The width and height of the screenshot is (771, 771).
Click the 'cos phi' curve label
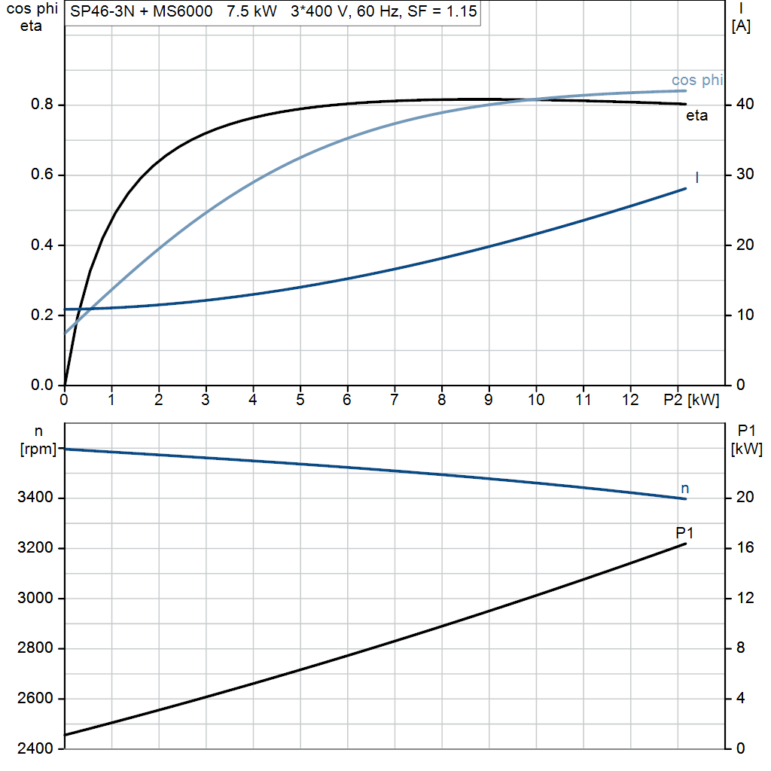[697, 81]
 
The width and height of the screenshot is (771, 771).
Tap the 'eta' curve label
[696, 116]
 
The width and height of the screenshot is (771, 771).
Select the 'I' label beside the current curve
[696, 178]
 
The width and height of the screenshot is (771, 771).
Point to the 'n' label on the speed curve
[684, 489]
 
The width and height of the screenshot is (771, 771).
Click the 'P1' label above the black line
[684, 533]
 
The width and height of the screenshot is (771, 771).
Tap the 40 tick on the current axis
[742, 105]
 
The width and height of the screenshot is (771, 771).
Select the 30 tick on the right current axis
[742, 175]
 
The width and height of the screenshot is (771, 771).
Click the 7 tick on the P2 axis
[394, 400]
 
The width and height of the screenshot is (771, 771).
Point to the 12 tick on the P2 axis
[630, 400]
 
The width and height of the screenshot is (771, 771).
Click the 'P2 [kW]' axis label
[691, 400]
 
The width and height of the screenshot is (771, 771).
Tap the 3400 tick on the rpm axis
[37, 498]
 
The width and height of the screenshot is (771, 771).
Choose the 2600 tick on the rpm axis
[37, 699]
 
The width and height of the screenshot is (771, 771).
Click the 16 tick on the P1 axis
[745, 548]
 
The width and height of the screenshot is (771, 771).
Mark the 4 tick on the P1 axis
[742, 699]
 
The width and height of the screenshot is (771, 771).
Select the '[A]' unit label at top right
[741, 26]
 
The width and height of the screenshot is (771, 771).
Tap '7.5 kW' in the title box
[252, 12]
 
